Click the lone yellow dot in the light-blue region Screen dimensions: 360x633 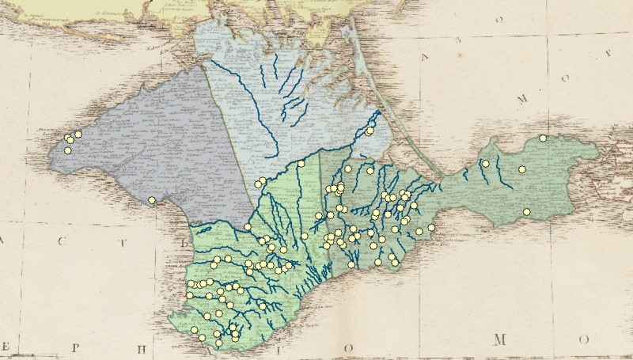tap(370, 131)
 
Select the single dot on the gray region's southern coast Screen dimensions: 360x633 tap(152, 200)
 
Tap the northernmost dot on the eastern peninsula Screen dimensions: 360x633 tap(543, 138)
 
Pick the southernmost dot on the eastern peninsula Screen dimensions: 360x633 tap(527, 211)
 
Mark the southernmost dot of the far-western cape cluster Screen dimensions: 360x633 tap(68, 150)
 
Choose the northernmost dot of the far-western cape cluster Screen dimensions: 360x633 tap(78, 135)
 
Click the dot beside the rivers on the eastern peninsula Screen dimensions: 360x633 tap(486, 163)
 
